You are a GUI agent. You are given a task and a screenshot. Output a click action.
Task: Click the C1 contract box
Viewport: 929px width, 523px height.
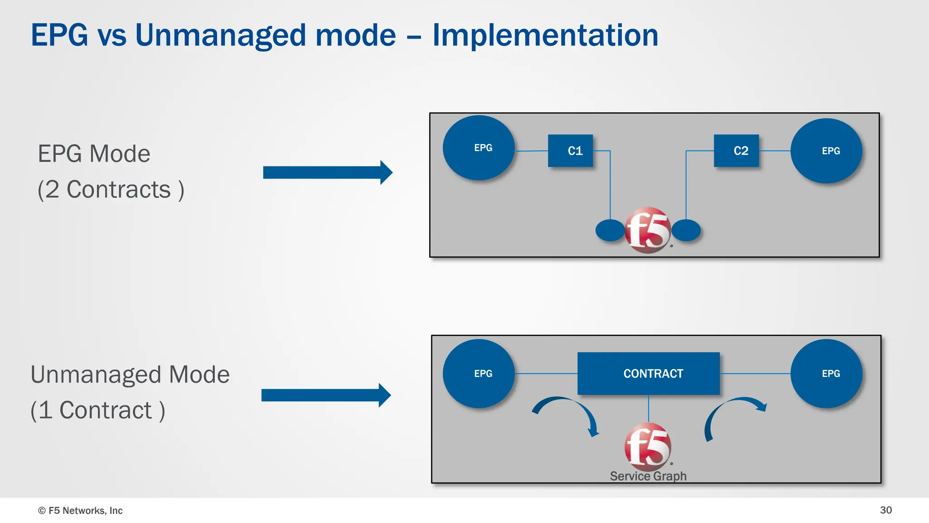pos(570,151)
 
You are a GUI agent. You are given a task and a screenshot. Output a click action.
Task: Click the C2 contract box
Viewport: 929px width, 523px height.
pos(736,151)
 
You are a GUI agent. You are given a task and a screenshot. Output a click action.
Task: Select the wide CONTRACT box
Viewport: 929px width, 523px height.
pos(648,373)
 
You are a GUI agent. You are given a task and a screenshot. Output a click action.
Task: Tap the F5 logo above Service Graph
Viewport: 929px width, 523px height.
pos(648,446)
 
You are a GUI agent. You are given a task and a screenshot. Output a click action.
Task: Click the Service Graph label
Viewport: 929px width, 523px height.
pos(648,476)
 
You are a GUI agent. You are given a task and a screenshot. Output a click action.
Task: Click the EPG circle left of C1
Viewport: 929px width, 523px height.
pos(479,148)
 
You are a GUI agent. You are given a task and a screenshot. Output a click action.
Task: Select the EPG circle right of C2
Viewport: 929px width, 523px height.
pos(826,151)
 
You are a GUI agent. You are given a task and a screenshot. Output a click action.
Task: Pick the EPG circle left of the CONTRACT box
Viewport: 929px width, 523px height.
pos(479,373)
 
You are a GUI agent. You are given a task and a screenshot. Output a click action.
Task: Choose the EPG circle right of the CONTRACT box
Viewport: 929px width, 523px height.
pos(826,373)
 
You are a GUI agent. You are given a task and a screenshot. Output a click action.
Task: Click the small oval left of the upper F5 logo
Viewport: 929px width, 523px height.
pos(610,230)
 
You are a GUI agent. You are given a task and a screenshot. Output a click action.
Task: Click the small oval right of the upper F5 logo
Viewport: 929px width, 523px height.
pos(686,230)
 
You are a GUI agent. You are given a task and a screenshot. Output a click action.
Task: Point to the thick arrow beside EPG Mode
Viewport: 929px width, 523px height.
pos(327,173)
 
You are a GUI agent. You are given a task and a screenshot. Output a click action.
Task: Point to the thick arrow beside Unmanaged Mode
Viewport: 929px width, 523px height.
pos(325,395)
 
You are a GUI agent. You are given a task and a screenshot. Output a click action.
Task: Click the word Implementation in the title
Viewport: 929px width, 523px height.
pos(545,35)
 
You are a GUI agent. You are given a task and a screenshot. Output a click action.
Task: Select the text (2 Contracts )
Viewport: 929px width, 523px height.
pos(111,189)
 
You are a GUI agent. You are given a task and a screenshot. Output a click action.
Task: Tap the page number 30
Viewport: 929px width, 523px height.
pos(885,510)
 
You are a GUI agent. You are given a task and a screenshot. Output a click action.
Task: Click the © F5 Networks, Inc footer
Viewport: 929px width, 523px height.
pos(80,510)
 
